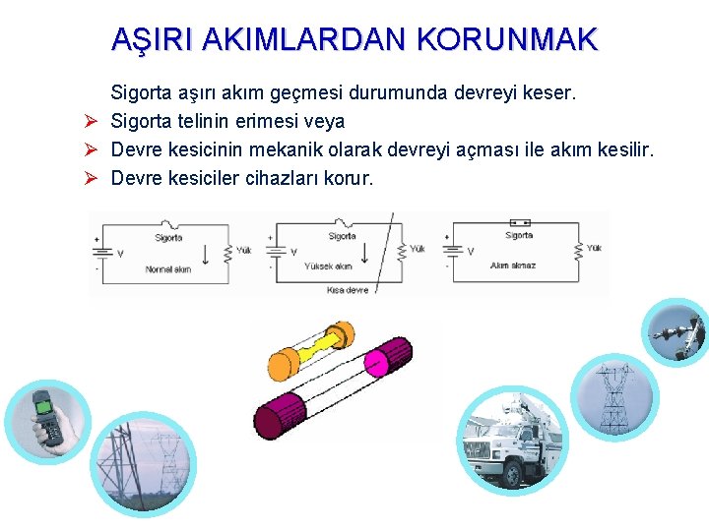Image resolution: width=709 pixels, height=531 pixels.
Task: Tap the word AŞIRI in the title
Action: point(144,39)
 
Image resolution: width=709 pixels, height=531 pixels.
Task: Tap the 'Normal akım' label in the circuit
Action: point(167,269)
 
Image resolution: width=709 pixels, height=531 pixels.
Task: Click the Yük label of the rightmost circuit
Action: point(594,249)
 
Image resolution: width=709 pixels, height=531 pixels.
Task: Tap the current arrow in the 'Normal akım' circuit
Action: point(204,253)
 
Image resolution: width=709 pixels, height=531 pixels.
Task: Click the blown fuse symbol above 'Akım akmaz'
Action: point(518,223)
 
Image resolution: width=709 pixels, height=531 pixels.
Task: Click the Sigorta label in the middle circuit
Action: point(342,237)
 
